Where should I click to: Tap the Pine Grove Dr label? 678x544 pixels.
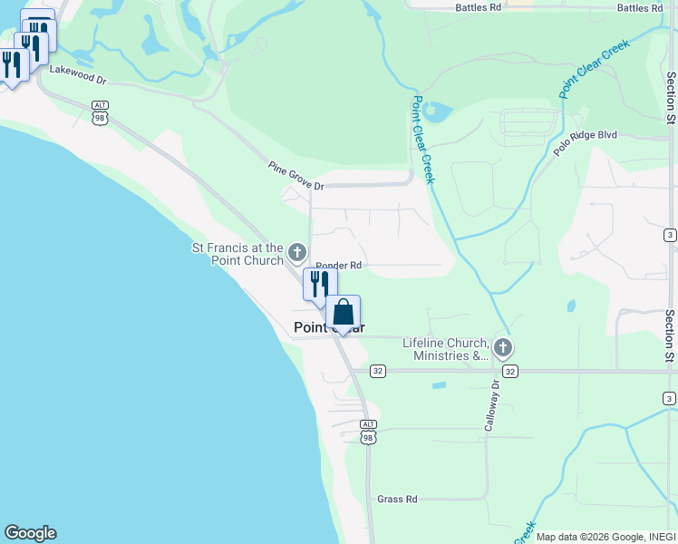coord(295,176)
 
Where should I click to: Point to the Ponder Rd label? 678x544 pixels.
coord(339,266)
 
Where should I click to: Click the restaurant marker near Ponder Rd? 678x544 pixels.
coord(320,284)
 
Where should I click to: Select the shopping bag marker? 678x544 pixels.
coord(344,313)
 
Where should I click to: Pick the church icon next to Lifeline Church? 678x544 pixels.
coord(502,347)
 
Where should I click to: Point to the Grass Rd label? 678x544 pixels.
coord(397,500)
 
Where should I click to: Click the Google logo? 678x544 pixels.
coord(30,533)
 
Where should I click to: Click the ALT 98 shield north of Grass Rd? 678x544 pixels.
coord(367,431)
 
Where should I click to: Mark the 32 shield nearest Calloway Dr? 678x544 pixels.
coord(511,371)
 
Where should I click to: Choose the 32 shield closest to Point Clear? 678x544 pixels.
coord(378,371)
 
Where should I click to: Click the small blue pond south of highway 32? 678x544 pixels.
coord(439,385)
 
